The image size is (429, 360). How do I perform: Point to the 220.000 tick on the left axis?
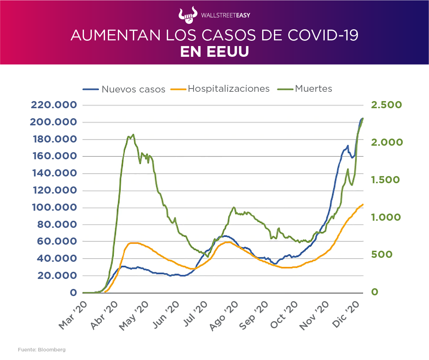click(x=54, y=105)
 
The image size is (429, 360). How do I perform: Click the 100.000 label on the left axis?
click(x=54, y=207)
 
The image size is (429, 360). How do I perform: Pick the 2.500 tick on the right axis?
click(x=386, y=105)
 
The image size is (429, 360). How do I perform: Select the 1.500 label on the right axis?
click(x=386, y=180)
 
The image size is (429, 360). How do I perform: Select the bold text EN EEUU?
click(x=214, y=52)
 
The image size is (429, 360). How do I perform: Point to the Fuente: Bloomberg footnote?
click(x=42, y=350)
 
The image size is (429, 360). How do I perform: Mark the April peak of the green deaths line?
click(x=133, y=134)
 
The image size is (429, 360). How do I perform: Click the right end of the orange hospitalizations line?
click(x=363, y=204)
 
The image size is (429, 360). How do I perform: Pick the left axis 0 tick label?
click(x=73, y=292)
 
